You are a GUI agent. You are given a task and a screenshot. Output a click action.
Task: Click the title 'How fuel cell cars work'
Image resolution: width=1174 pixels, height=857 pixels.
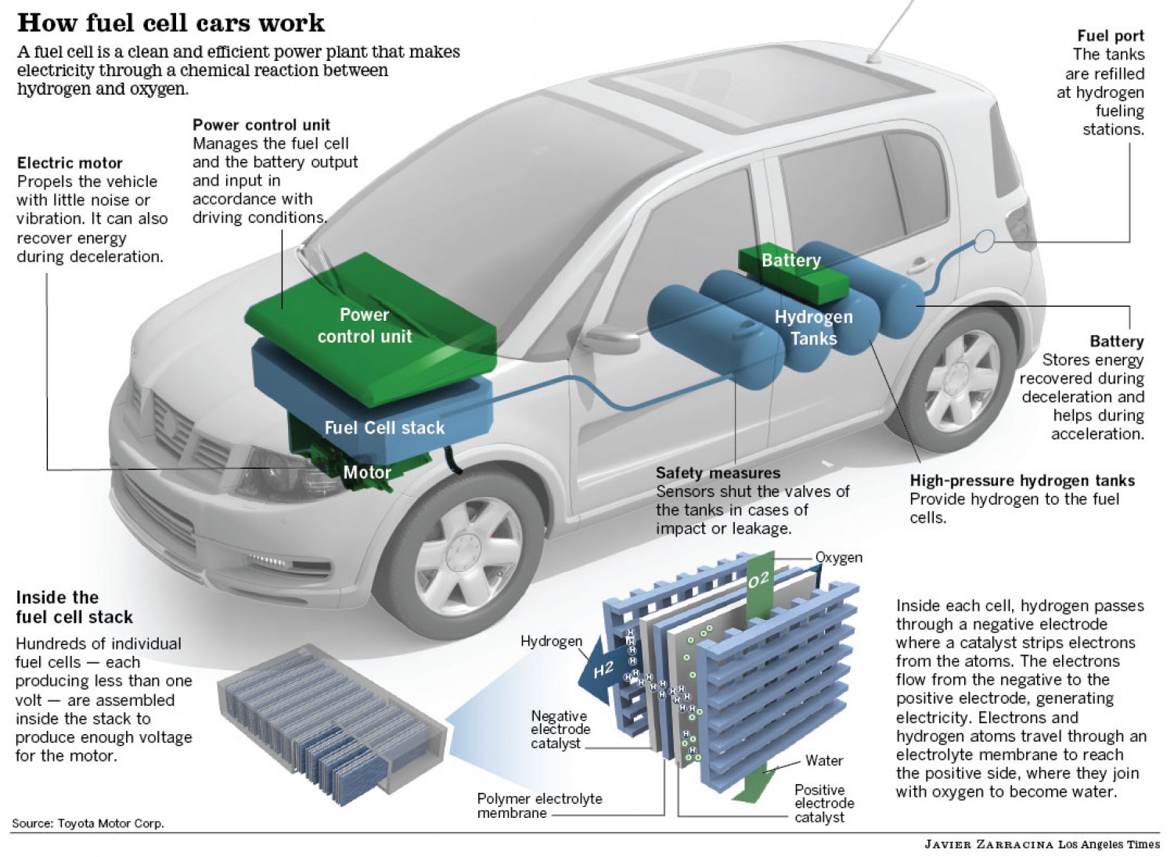pos(171,22)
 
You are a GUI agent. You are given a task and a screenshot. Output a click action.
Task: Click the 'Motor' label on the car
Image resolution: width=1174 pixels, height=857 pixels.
pos(367,472)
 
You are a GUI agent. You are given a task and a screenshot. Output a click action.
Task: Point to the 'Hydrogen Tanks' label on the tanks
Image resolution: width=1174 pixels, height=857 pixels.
pos(813,328)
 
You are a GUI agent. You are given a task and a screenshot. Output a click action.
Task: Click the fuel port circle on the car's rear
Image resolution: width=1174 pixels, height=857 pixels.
pos(985,240)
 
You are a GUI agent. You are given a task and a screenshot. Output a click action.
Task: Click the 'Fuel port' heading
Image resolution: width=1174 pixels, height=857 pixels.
pos(1110,35)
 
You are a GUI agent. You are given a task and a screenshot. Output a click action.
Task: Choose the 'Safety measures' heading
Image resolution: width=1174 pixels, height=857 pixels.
pos(718,473)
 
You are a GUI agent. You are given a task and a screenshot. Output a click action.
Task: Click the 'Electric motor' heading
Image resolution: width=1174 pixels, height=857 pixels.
pos(70,163)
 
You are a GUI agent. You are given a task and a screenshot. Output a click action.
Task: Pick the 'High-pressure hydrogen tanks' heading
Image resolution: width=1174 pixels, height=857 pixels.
pos(1021,481)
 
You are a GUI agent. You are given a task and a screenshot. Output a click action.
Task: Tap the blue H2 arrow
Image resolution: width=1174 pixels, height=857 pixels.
pos(598,672)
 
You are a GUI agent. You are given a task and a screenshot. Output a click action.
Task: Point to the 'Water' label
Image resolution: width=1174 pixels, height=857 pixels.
pos(823,761)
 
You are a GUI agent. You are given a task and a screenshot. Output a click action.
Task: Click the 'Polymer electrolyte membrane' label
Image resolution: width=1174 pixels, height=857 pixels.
pos(539,805)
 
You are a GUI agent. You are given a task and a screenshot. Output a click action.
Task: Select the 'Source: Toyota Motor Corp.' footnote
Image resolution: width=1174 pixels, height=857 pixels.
pos(88,823)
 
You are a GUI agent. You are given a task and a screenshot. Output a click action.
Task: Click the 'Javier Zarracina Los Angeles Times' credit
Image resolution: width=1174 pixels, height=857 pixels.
pos(1042,844)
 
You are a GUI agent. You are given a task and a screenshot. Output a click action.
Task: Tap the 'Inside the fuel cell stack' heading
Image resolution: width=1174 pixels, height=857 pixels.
pos(74,607)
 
